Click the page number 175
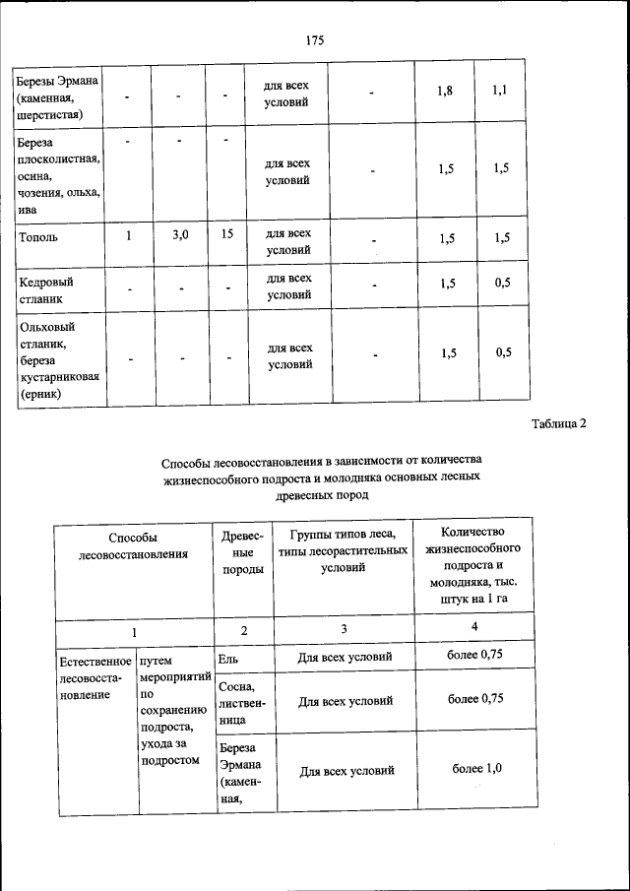point(315,40)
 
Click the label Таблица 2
point(558,424)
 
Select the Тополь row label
point(38,237)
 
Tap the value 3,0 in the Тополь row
point(180,235)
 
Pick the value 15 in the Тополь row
point(226,235)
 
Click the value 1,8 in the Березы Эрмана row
point(445,92)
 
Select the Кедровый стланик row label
point(46,288)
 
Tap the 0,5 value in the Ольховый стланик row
point(503,352)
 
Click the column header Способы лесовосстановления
point(133,545)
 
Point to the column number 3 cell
point(344,628)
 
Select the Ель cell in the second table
point(228,657)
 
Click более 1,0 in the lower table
point(476,768)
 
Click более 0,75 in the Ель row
point(476,655)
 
